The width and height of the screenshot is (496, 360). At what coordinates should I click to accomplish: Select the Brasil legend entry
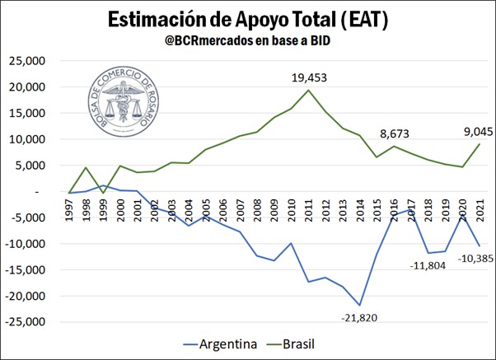300,343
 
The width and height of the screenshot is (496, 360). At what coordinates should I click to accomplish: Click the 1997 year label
72,209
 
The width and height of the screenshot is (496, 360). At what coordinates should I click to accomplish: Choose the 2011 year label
306,209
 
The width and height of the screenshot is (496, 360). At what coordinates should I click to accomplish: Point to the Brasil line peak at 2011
308,90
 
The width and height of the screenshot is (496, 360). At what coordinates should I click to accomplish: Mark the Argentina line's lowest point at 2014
359,306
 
